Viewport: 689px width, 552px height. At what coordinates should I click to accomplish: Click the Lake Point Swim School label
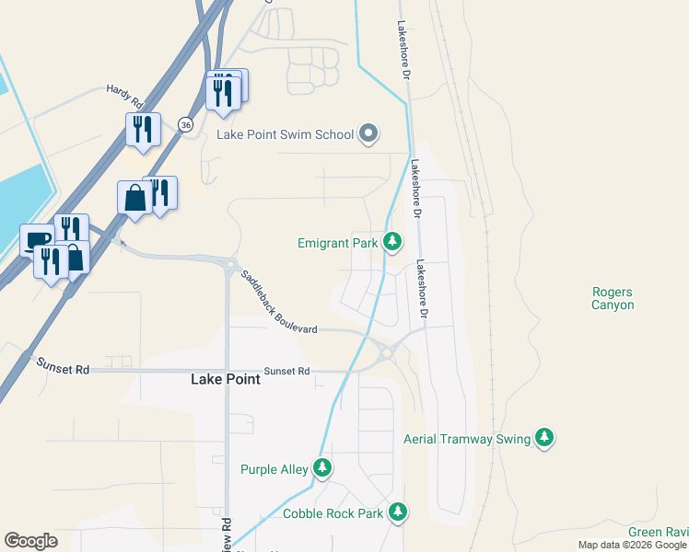pos(285,134)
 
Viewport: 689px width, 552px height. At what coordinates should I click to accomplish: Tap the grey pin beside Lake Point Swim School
pos(368,134)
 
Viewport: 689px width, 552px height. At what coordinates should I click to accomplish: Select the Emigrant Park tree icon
pos(393,242)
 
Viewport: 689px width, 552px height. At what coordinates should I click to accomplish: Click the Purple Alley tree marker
pos(321,468)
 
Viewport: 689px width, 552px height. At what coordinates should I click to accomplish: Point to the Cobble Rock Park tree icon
pos(398,512)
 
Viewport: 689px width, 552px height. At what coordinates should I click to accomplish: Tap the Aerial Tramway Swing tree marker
pos(545,438)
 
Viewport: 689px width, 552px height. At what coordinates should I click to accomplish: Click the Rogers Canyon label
pos(613,298)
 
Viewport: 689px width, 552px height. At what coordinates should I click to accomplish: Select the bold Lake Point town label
pos(225,378)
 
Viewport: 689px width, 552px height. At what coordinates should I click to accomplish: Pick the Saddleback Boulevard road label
pos(278,303)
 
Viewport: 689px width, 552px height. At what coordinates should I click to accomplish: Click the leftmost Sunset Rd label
pos(62,366)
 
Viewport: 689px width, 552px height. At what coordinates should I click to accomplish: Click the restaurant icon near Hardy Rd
pos(143,129)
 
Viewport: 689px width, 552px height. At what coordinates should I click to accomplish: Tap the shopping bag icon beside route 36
pos(134,198)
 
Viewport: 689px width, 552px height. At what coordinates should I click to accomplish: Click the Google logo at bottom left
pos(30,541)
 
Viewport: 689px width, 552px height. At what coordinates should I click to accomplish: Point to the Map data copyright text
pos(631,545)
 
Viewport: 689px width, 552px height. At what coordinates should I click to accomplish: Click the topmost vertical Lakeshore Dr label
pos(403,51)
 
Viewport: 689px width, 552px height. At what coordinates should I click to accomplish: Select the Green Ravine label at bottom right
pos(658,533)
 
